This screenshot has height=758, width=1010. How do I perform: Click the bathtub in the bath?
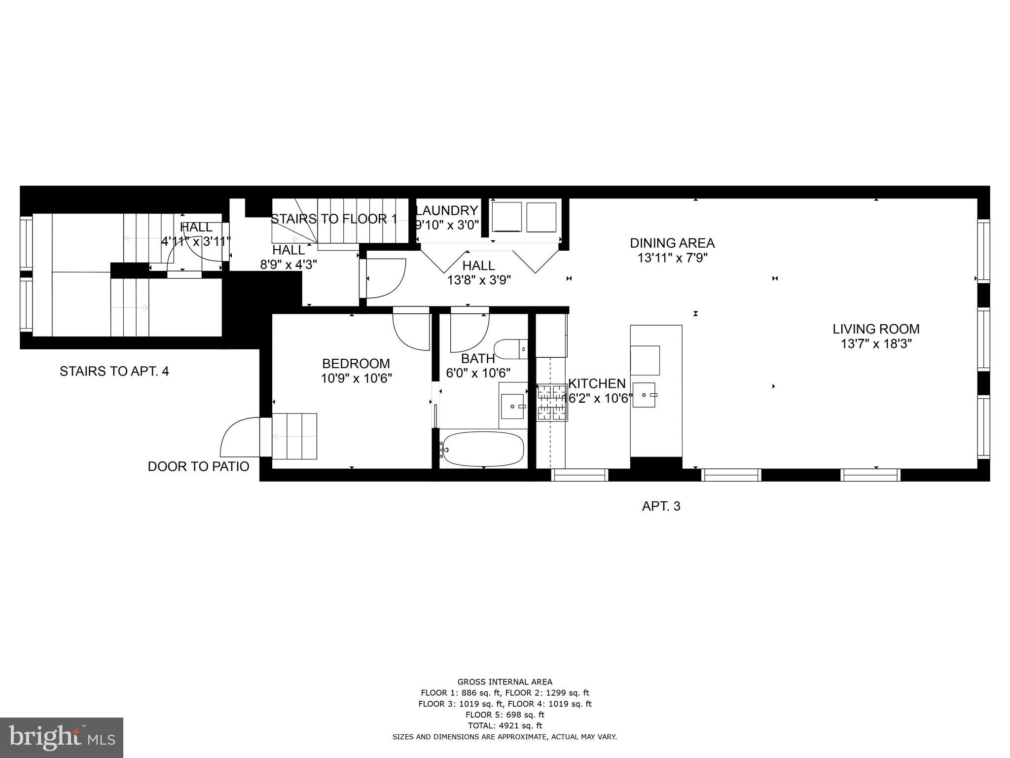click(x=483, y=449)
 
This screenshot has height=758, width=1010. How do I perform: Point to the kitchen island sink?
click(x=644, y=395)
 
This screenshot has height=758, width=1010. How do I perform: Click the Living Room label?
click(x=876, y=329)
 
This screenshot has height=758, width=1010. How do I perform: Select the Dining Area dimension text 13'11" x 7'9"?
click(x=672, y=258)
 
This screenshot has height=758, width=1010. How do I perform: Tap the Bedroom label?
click(x=356, y=364)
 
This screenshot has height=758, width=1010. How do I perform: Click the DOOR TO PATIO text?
click(x=198, y=466)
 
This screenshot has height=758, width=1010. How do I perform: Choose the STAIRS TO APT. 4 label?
click(x=114, y=371)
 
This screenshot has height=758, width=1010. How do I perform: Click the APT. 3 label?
click(x=661, y=506)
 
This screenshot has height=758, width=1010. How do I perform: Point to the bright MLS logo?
click(x=62, y=737)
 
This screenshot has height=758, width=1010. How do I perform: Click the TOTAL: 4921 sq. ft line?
click(x=505, y=725)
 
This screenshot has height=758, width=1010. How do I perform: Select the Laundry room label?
click(x=447, y=211)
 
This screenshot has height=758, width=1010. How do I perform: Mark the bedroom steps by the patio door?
click(x=294, y=436)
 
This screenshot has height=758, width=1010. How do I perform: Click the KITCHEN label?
click(x=597, y=383)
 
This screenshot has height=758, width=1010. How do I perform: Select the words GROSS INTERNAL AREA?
click(x=505, y=682)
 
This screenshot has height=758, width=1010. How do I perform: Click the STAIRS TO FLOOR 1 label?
click(x=334, y=219)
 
